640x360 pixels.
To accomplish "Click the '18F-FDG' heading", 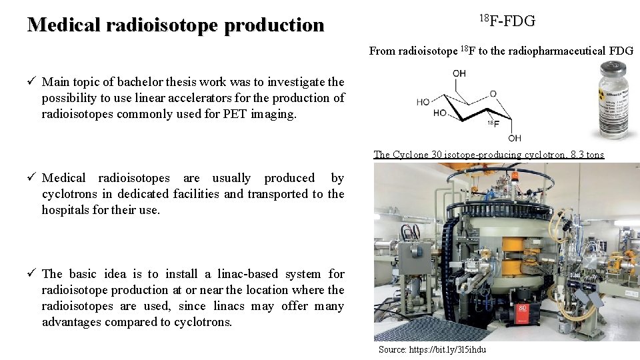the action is pos(507,21).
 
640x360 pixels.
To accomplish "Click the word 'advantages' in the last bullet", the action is pos(71,322).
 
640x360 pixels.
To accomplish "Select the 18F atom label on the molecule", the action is pos(494,124).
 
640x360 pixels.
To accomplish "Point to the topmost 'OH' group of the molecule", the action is pos(459,73).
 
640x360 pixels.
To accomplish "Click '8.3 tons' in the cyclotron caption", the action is pos(588,155).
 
